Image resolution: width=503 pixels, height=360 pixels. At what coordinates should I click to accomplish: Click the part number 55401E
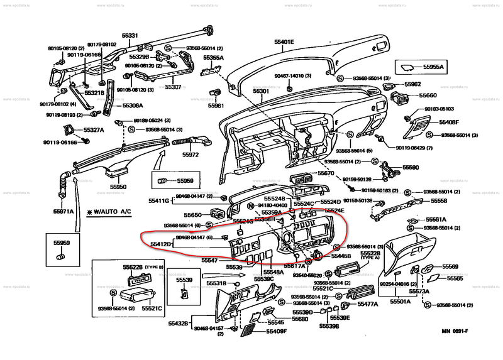tap(284, 42)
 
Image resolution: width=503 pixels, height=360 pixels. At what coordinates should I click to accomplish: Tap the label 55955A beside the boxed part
tap(433, 67)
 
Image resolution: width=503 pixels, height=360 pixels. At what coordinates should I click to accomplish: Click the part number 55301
tap(261, 91)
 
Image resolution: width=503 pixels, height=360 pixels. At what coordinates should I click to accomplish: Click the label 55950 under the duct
tap(118, 187)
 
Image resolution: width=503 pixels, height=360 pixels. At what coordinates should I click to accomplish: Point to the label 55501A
tap(400, 301)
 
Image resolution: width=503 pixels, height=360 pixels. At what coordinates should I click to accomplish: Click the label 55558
tap(439, 201)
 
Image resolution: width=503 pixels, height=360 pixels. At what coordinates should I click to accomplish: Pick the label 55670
tap(326, 173)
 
